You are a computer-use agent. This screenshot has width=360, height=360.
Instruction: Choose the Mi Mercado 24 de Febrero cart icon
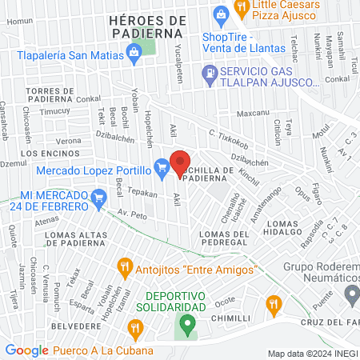coord(99,196)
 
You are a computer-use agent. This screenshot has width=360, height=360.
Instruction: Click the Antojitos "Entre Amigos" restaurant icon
coord(124,266)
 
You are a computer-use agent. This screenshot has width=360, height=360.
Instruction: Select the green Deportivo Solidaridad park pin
coord(187,325)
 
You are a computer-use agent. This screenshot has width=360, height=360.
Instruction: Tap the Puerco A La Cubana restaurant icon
coord(135,327)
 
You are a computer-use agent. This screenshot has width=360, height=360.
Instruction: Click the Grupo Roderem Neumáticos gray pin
coord(350,294)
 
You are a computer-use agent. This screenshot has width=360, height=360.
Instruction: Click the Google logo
coord(26,350)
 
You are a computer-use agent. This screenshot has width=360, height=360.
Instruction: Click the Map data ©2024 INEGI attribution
coord(313,353)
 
